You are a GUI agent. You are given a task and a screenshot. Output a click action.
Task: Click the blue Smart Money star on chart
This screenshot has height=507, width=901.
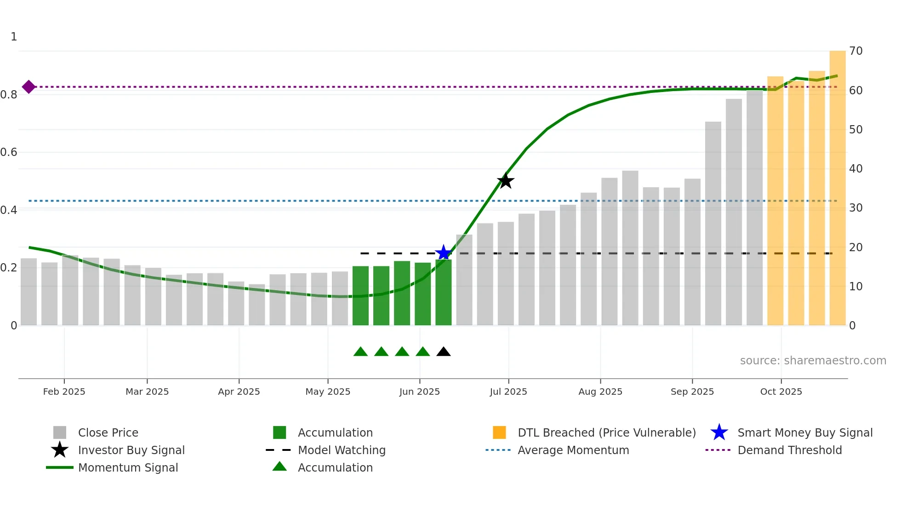point(444,253)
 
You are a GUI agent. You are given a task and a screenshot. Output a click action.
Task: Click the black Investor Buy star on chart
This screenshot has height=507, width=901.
point(506,181)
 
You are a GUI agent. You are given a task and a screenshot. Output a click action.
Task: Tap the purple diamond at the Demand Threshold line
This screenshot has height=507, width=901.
point(29,86)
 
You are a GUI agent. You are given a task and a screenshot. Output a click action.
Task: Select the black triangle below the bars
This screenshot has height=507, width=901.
point(444,352)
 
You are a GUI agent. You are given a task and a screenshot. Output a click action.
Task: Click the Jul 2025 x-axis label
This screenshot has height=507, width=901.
point(508,392)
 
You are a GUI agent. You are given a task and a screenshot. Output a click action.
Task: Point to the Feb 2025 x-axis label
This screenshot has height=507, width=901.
point(64,392)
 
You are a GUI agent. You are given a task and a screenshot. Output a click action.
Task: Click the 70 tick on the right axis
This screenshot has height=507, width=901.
point(855,51)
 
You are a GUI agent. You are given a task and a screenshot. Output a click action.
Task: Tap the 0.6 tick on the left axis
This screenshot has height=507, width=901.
point(9,152)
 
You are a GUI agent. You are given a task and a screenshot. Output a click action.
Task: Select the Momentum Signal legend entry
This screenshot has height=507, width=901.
point(128,467)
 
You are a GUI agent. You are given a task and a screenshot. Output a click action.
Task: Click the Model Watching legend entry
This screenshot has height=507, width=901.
point(342,450)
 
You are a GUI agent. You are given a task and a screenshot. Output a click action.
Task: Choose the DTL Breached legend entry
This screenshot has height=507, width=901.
point(606,432)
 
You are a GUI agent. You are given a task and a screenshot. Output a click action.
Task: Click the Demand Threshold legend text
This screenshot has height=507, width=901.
point(789,450)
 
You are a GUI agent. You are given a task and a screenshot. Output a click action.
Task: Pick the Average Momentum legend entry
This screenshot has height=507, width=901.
point(573,450)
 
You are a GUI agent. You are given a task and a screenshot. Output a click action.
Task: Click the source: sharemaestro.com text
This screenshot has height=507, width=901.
point(813,360)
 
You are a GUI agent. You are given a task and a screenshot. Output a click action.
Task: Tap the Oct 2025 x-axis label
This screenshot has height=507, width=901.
point(781,392)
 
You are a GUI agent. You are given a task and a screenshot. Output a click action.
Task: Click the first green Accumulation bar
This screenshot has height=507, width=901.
point(360,295)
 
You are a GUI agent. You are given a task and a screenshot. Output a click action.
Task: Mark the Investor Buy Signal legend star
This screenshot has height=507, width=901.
point(60,450)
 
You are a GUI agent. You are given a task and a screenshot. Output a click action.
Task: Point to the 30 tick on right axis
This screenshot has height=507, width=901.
point(855,208)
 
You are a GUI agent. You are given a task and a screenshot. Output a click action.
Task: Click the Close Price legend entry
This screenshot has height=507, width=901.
point(108,432)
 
